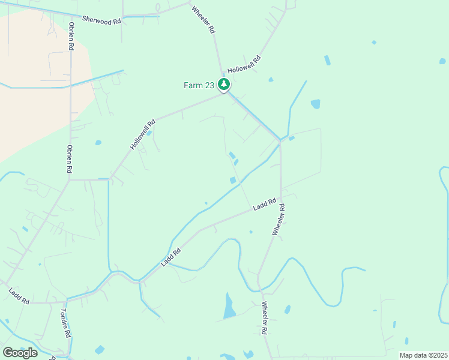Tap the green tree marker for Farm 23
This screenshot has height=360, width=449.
[224, 85]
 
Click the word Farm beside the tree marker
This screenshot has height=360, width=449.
[193, 85]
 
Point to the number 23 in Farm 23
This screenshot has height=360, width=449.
[209, 85]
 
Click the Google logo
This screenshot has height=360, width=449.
[20, 352]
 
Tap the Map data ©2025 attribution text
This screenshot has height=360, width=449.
[423, 355]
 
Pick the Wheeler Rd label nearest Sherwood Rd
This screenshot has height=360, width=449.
[203, 20]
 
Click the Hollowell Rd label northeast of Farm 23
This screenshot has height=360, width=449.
[244, 65]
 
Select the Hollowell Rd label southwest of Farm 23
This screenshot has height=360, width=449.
[143, 134]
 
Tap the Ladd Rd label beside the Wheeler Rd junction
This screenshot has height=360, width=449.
[264, 204]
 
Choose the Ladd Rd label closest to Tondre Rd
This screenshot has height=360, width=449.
[19, 296]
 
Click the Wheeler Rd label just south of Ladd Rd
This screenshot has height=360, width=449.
[278, 220]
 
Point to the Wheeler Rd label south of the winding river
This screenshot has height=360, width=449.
[264, 318]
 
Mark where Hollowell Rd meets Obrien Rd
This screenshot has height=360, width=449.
[70, 179]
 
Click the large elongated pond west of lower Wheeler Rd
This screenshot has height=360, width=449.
[229, 306]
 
